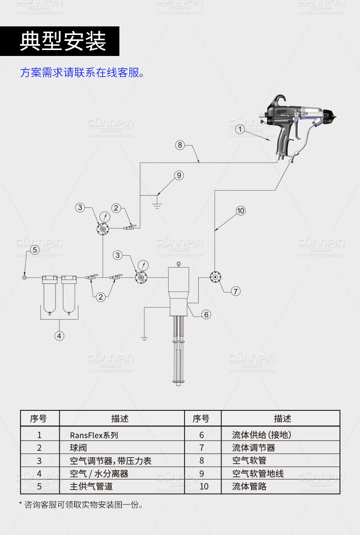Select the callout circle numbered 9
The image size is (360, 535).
[179, 175]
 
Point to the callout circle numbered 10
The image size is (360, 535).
[241, 210]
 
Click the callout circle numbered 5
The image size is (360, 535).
[35, 249]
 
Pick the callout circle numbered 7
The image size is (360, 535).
[235, 291]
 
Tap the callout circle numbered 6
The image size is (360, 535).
[206, 314]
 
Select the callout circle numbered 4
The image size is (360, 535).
[59, 336]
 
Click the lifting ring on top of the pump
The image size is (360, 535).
[178, 262]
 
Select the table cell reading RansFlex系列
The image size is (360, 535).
[94, 435]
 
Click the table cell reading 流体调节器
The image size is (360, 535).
[253, 448]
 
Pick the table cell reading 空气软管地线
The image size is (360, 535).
[257, 474]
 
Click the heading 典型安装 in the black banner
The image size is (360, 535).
[63, 41]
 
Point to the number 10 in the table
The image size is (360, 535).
[203, 486]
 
